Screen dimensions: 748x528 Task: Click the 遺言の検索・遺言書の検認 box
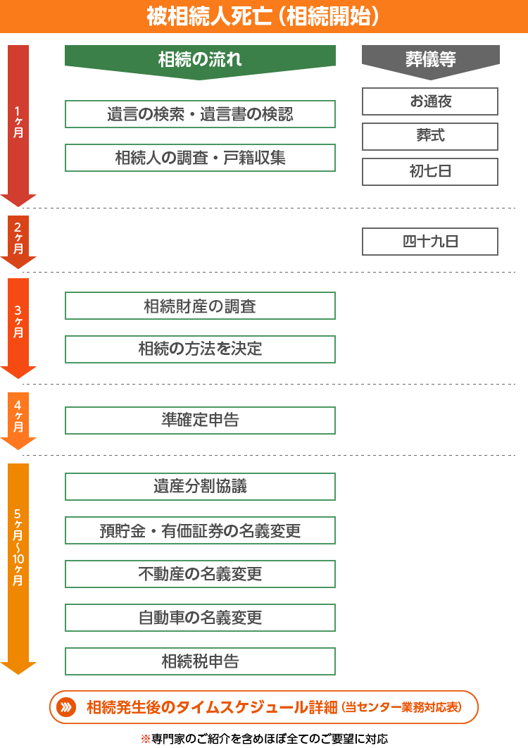(200, 114)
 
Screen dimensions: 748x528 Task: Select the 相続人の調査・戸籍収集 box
(200, 158)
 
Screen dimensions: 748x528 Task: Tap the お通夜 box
(430, 101)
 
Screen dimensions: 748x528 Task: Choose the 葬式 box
(430, 137)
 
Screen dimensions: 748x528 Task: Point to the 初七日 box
(430, 172)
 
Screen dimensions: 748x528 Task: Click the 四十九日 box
(430, 242)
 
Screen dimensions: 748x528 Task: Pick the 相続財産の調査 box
(200, 306)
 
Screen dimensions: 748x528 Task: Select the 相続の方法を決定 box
(200, 349)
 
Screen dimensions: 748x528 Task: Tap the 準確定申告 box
(200, 420)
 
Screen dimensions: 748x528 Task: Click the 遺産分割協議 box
(200, 487)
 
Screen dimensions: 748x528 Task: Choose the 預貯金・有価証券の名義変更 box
(200, 530)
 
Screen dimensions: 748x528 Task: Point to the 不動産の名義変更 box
(200, 574)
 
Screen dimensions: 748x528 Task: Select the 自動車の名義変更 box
(200, 618)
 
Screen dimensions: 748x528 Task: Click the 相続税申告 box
(200, 661)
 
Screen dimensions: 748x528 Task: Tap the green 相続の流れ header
(200, 59)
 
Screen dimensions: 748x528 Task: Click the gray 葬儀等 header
(430, 59)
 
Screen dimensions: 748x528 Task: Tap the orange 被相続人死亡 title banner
(264, 16)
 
